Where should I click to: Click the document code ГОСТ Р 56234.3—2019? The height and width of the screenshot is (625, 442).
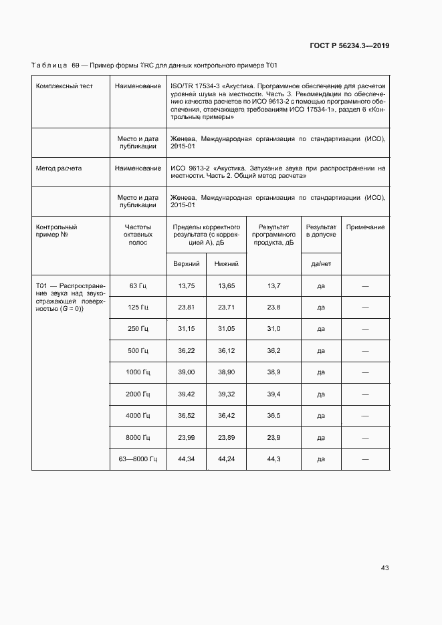[350, 45]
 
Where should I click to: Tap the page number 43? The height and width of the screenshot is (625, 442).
[384, 568]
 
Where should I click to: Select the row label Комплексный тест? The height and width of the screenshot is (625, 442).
[64, 86]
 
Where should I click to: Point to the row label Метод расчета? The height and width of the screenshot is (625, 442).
[59, 168]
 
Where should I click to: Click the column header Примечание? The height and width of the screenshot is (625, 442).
[365, 227]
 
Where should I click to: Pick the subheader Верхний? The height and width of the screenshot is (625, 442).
[187, 264]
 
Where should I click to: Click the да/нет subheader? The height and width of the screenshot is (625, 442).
[321, 264]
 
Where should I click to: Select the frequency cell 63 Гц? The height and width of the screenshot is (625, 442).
[138, 286]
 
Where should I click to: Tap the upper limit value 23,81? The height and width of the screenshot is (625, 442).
[187, 307]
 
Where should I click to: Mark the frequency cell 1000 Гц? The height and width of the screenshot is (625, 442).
[138, 372]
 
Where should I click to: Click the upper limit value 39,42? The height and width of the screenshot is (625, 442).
[187, 394]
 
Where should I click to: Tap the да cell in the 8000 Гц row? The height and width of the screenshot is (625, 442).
[321, 437]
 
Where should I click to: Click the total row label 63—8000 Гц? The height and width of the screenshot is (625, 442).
[138, 459]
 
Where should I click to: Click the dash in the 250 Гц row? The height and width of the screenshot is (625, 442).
[365, 329]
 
